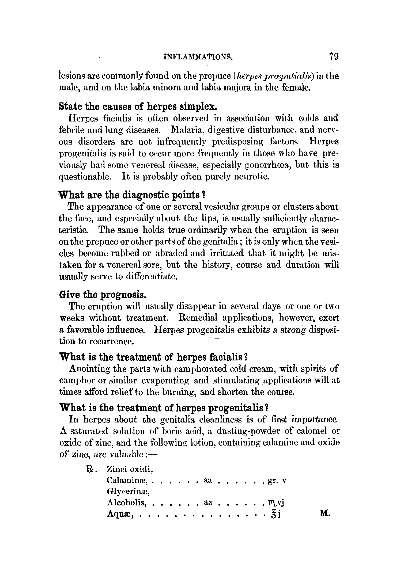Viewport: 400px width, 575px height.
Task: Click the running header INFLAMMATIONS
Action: (x=197, y=57)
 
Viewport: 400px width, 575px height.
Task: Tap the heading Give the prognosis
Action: (x=102, y=295)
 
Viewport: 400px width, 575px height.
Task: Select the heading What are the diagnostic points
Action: (x=132, y=195)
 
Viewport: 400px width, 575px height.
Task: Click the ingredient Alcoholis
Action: (x=126, y=503)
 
